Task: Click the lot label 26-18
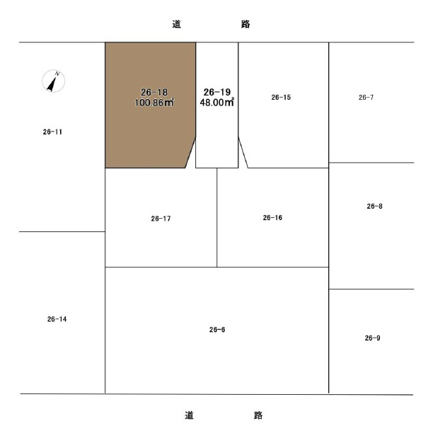click(154, 92)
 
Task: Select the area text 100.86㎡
click(154, 102)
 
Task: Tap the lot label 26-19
click(217, 92)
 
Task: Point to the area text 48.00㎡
click(216, 102)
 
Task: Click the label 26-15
click(281, 97)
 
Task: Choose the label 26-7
click(366, 97)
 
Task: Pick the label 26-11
click(52, 132)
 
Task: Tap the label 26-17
click(161, 219)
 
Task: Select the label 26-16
click(272, 218)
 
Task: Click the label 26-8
click(374, 206)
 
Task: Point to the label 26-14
click(57, 319)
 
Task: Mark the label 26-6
click(217, 330)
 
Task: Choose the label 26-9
click(372, 338)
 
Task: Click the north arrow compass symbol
click(53, 81)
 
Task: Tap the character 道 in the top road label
click(177, 24)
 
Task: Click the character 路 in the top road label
click(246, 24)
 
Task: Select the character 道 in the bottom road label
click(189, 415)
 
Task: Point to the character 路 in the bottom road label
click(258, 415)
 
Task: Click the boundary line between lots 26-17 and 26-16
click(216, 217)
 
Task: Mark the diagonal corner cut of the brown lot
click(190, 152)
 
